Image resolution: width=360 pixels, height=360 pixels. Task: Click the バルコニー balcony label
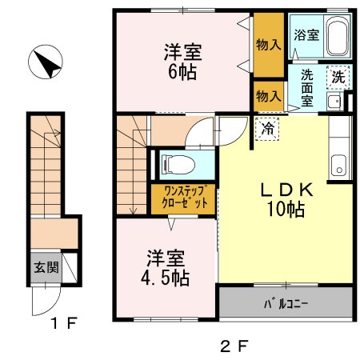pos(286,304)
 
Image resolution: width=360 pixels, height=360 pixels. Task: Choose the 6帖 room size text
pos(183,70)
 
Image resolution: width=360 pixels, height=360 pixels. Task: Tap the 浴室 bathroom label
pos(306,35)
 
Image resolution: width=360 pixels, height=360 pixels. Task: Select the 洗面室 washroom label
pos(306,88)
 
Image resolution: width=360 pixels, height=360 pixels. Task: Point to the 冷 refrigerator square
pos(266,127)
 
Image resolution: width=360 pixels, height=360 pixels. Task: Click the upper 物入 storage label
pos(267,45)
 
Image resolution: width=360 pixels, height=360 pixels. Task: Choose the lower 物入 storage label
pos(267,96)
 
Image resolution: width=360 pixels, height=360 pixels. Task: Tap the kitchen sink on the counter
pos(339,168)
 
